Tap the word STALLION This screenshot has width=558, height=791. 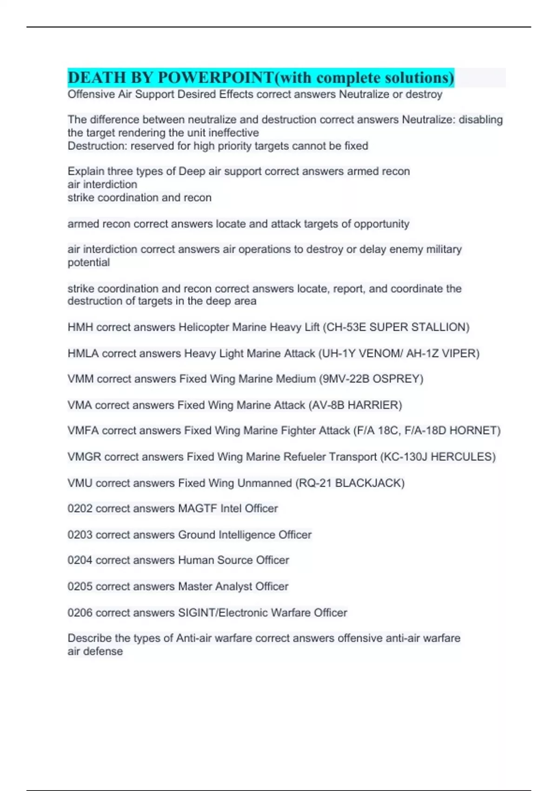[x=442, y=327]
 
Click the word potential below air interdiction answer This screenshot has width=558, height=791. [x=89, y=262]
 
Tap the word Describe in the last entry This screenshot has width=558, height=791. [x=89, y=638]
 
